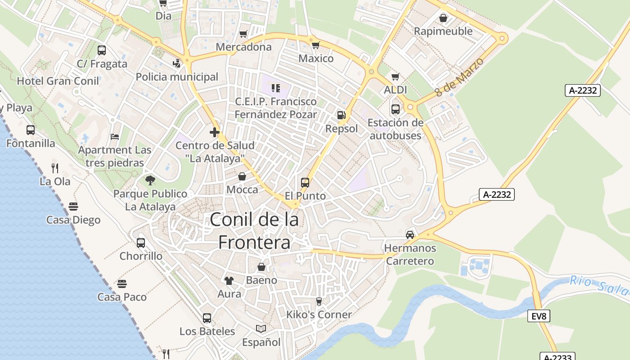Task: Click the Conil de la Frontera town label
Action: click(x=254, y=230)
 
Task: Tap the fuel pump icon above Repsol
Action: click(x=342, y=116)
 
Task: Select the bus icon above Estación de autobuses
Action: click(x=396, y=109)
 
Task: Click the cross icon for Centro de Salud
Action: click(x=215, y=132)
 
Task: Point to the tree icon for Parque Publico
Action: click(x=150, y=180)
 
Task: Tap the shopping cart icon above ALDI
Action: click(x=395, y=77)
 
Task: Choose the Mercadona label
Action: click(x=244, y=47)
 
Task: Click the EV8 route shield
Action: click(x=539, y=316)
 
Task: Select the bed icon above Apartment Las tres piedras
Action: click(x=115, y=136)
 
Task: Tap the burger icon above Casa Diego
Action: click(x=73, y=207)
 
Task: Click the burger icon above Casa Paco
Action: click(x=122, y=284)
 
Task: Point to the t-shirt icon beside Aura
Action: click(x=229, y=281)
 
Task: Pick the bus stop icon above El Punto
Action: click(x=305, y=183)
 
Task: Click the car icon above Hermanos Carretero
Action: click(x=410, y=234)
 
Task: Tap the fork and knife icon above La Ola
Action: click(x=55, y=168)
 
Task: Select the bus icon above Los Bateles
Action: click(x=207, y=318)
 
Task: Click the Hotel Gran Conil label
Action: click(x=58, y=81)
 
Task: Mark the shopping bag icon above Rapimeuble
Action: click(x=443, y=18)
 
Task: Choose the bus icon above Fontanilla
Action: click(x=31, y=130)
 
